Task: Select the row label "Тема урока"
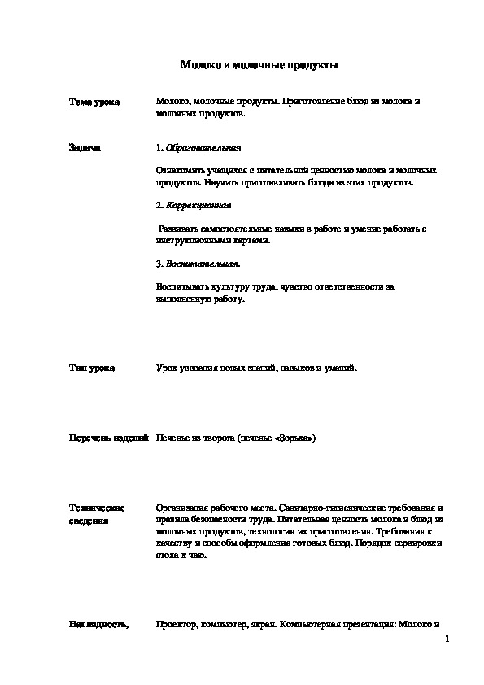tap(94, 103)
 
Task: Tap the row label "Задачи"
tap(85, 148)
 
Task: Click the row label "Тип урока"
tap(92, 369)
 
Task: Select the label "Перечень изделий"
tap(107, 438)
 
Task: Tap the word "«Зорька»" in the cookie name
tap(296, 438)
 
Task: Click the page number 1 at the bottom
tap(448, 641)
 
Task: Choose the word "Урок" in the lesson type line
tap(166, 369)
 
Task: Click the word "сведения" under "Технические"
tap(89, 519)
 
